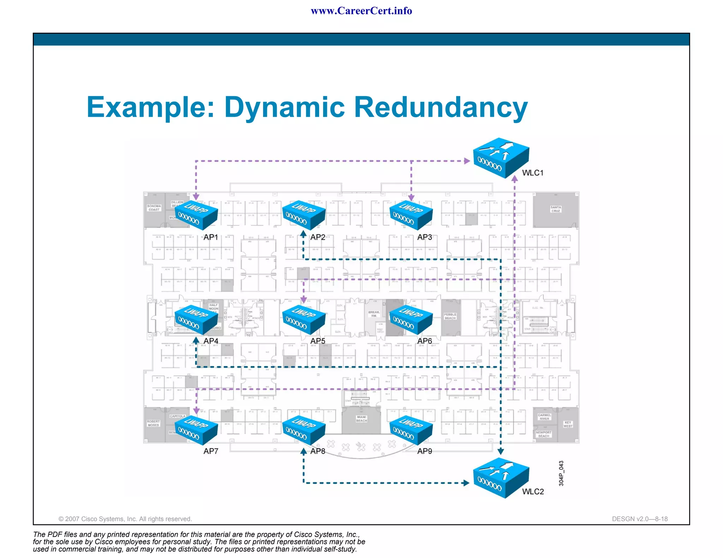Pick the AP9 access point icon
click(x=411, y=430)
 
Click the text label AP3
click(x=424, y=237)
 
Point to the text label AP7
click(x=211, y=451)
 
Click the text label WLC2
click(x=533, y=492)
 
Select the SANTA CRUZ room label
click(x=556, y=209)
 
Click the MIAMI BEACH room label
click(x=361, y=419)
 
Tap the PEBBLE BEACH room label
click(x=450, y=316)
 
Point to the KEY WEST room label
click(x=568, y=424)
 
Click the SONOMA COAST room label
click(x=154, y=208)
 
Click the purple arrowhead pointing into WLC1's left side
click(x=467, y=161)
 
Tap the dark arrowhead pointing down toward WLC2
click(x=501, y=451)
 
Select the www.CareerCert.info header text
click(x=361, y=11)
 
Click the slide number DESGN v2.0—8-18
click(x=640, y=519)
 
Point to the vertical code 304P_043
click(x=561, y=473)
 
